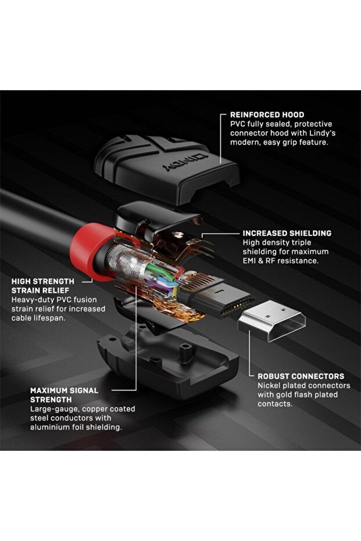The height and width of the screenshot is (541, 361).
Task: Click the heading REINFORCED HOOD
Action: pos(267,115)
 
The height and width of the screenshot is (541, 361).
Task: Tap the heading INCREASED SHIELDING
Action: pos(287,233)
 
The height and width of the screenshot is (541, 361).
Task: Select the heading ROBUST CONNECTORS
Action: pos(301,377)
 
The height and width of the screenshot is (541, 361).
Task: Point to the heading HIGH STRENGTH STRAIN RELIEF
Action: pos(43,286)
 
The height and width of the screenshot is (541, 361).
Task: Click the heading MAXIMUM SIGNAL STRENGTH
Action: pos(64,395)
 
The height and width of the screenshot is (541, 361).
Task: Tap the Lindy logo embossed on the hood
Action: pos(185,163)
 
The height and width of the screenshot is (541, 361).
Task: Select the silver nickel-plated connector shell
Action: pos(272,321)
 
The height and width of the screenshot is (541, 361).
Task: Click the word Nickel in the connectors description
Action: pos(269,385)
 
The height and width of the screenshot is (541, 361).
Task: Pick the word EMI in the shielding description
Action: pos(249,261)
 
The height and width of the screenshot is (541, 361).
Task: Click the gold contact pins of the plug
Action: pos(237,307)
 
